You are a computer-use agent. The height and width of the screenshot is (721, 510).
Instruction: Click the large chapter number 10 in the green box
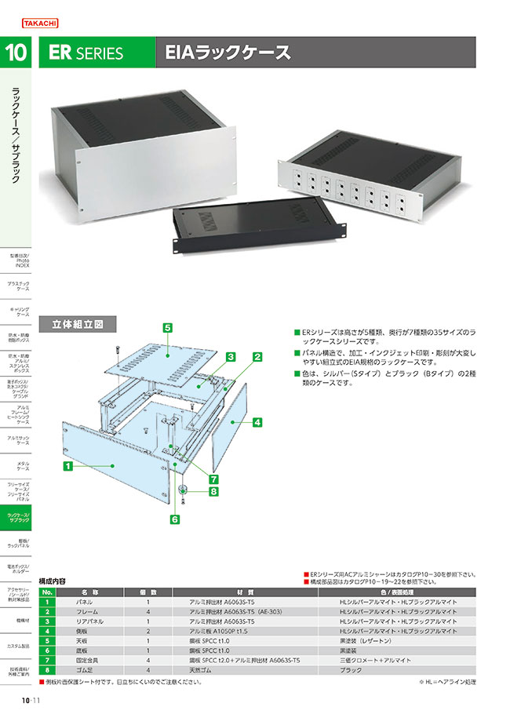(x=16, y=53)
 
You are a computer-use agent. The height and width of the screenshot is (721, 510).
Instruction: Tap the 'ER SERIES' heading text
(x=86, y=53)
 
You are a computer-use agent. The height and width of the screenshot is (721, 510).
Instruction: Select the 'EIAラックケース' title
(x=227, y=53)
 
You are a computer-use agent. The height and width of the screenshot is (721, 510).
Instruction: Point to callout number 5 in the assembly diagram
(x=168, y=326)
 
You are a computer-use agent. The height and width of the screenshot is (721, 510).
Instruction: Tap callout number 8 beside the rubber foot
(x=212, y=492)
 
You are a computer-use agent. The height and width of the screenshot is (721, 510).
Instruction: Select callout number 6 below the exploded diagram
(x=174, y=519)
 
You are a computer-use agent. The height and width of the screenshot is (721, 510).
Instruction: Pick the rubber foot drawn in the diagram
(x=181, y=491)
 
